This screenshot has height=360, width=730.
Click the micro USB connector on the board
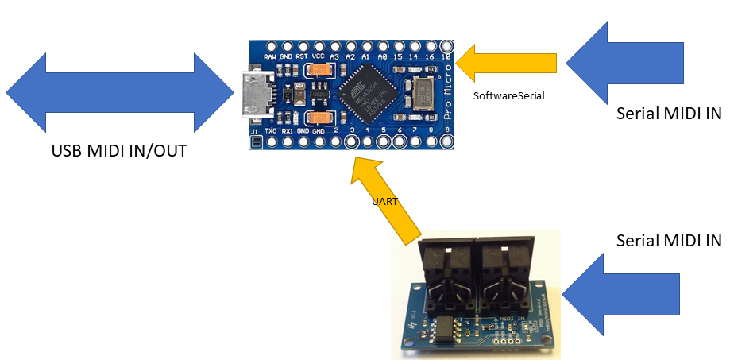256,95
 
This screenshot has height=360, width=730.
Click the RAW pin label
271,58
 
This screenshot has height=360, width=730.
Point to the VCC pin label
318,58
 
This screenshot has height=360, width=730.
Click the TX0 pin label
271,130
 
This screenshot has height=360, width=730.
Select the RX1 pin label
287,130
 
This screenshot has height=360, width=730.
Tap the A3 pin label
334,58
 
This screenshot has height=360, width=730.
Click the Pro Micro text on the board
448,103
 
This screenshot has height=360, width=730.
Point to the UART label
384,202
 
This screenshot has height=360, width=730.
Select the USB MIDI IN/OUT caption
119,150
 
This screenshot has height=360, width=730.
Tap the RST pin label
302,58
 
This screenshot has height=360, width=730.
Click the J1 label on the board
254,130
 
